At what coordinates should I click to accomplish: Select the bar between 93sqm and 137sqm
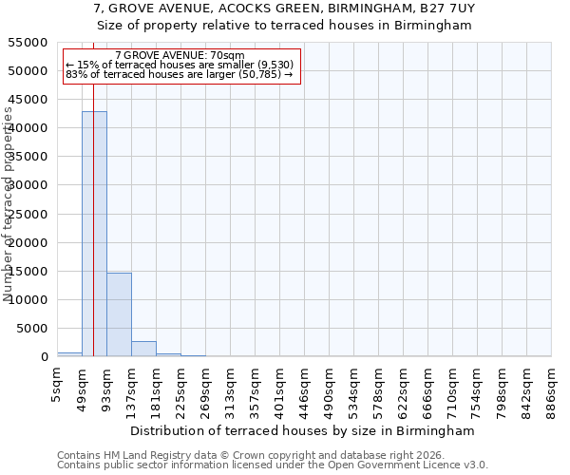point(119,314)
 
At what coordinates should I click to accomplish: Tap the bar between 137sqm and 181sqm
point(143,349)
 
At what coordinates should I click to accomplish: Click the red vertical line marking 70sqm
point(93,190)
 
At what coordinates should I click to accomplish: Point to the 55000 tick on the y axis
point(28,43)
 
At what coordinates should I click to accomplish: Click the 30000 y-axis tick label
point(28,185)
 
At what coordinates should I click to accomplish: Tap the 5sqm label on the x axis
point(58,384)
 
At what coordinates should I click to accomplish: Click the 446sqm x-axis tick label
point(305,387)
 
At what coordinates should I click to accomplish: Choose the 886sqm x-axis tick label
point(552,387)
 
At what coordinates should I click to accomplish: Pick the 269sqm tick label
point(206,387)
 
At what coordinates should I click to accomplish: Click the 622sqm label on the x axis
point(404,387)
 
